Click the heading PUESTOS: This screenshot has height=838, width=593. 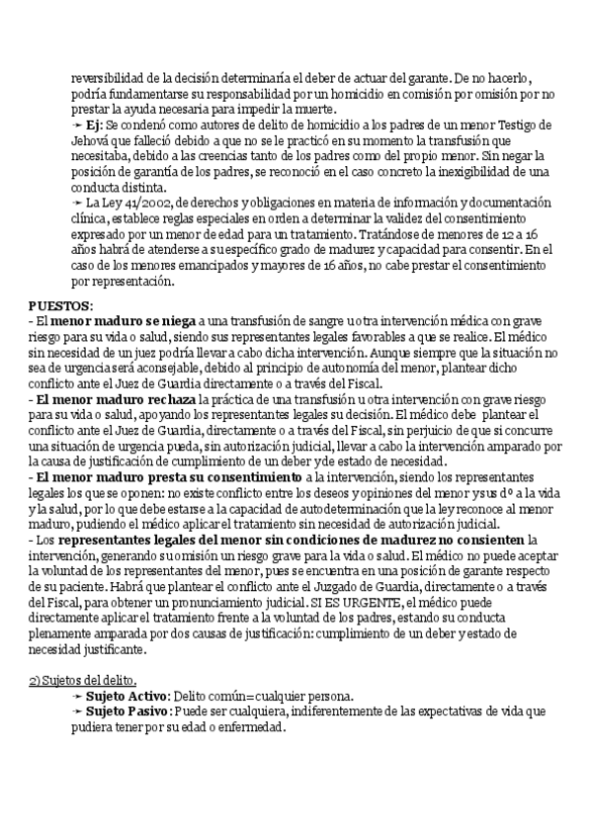tap(59, 306)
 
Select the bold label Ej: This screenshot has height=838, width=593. tap(94, 127)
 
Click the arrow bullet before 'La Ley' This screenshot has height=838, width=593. tap(78, 203)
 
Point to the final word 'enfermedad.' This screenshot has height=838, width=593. tap(251, 726)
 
